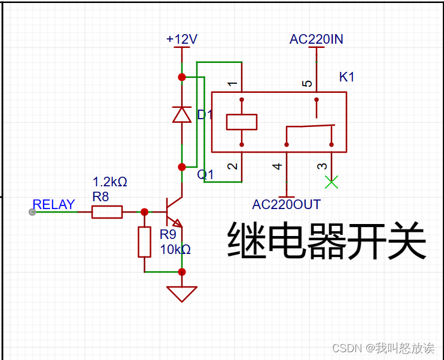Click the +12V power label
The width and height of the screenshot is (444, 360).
182,40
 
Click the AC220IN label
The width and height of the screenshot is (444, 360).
316,40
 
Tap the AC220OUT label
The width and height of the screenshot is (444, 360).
286,204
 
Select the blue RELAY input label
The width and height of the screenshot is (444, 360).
54,205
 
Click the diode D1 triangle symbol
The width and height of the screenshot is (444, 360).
182,114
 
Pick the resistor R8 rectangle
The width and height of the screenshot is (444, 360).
107,212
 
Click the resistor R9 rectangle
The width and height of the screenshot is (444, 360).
144,242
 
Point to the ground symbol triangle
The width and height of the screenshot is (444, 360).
182,294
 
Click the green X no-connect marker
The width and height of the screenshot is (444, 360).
331,181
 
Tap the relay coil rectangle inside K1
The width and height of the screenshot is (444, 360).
242,122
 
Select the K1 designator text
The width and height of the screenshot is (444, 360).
347,77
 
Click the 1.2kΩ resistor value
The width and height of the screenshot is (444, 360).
110,181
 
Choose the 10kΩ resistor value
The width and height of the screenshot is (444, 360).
175,249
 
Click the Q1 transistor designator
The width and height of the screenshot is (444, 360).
206,174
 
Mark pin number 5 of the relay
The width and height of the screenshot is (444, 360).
308,84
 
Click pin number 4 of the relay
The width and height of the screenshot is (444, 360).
277,166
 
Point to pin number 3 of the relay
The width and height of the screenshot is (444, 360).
322,166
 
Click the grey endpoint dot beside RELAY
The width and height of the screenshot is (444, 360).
32,212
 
